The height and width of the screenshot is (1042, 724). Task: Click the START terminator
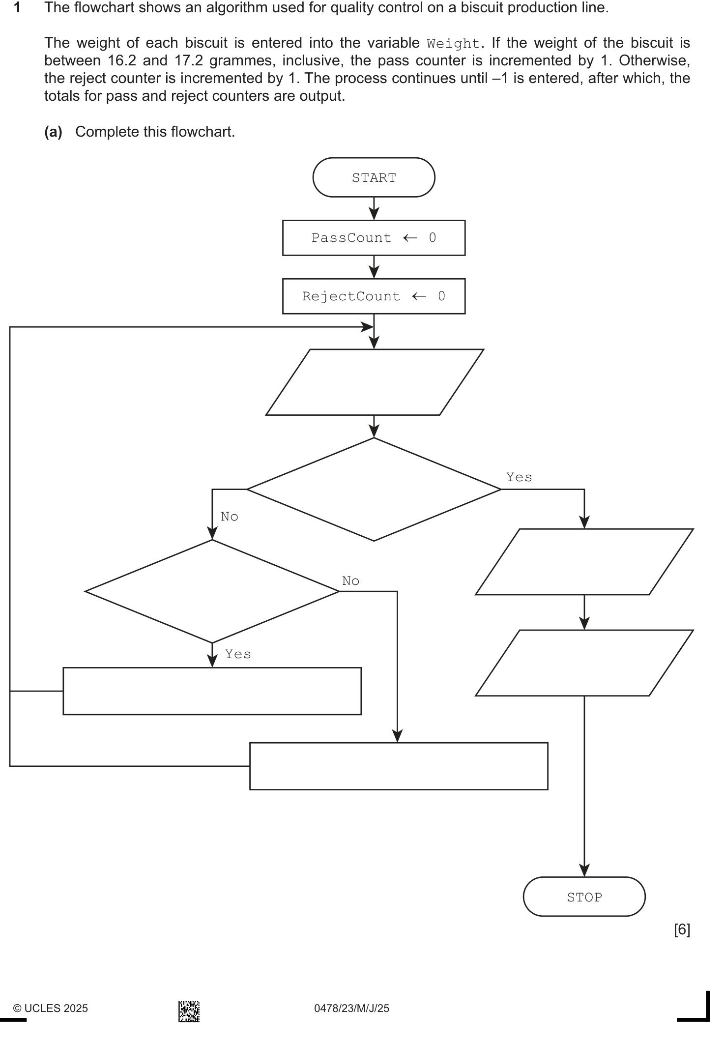[x=374, y=177]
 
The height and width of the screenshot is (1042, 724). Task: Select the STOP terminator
[x=584, y=897]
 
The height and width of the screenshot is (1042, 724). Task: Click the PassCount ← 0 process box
[x=374, y=238]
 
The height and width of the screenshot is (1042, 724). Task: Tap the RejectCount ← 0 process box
[x=374, y=296]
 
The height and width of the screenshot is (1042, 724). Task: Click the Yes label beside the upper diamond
[x=519, y=477]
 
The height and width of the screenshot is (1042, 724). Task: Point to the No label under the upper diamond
[x=230, y=517]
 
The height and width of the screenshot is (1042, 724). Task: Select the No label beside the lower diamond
[x=350, y=581]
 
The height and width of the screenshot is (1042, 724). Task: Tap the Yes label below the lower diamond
[x=238, y=654]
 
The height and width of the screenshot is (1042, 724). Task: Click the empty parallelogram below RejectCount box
[x=375, y=382]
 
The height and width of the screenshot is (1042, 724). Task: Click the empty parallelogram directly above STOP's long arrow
[x=584, y=663]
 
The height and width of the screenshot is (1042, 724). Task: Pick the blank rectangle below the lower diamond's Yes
[x=212, y=691]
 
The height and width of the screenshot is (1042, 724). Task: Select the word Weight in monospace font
[x=453, y=44]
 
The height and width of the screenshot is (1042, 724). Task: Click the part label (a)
[x=53, y=132]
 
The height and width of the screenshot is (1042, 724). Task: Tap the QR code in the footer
[x=189, y=1012]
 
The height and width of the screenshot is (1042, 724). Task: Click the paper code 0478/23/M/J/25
[x=351, y=1009]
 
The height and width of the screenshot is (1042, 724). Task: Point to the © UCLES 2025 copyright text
[x=51, y=1009]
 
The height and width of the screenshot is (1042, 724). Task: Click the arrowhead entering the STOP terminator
[x=584, y=870]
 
